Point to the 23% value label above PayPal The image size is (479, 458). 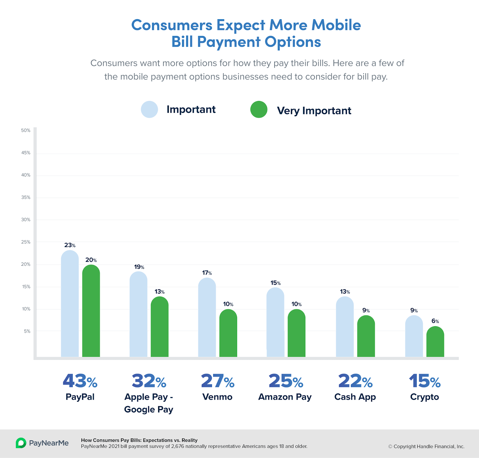point(70,245)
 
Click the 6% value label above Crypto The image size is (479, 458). point(435,321)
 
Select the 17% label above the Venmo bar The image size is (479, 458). point(207,273)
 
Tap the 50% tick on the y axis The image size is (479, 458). point(26,131)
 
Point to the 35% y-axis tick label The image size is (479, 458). point(26,197)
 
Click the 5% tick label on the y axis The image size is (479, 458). point(27,331)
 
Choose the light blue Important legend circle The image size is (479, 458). point(149,109)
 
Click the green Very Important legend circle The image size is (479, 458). point(259,109)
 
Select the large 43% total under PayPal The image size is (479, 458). point(80,381)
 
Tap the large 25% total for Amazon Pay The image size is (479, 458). point(286,381)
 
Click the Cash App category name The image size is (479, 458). point(355,397)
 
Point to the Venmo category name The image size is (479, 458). point(217,397)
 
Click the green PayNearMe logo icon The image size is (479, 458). point(21,443)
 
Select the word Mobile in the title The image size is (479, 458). point(336,25)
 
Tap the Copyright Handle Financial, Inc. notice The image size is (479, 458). point(426,447)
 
